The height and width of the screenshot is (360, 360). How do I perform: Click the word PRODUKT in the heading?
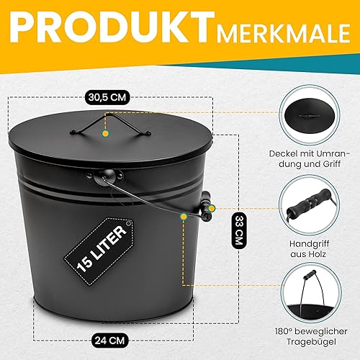[x=112, y=27]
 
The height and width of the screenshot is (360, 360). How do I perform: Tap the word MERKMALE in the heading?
[x=284, y=33]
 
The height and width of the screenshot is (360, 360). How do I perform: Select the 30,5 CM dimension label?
[x=107, y=97]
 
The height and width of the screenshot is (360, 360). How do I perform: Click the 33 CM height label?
[x=239, y=230]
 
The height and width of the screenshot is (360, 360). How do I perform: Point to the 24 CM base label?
[x=110, y=341]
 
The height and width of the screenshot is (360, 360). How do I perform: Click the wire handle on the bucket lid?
[x=110, y=125]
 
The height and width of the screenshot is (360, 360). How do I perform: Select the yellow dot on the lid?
[x=105, y=133]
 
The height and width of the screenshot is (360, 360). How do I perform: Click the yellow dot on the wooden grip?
[x=211, y=208]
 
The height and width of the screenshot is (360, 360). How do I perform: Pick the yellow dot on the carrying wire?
[x=184, y=217]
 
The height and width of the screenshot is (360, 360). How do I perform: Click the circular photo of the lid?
[x=309, y=115]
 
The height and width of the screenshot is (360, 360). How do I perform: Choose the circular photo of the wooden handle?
[x=309, y=204]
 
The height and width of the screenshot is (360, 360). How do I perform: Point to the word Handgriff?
[x=309, y=244]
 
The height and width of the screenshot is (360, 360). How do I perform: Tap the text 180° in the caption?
[x=283, y=331]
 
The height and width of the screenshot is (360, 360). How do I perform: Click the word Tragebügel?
[x=311, y=342]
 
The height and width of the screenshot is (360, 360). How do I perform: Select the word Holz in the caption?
[x=317, y=254]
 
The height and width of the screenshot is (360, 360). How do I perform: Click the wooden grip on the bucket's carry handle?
[x=206, y=206]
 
